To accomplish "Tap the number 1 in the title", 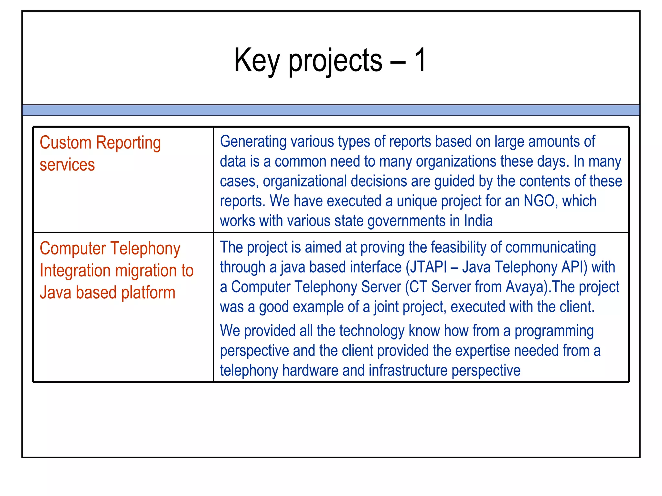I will (420, 60).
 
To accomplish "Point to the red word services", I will (67, 165).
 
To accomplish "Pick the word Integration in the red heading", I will (75, 271).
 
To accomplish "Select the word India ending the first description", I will (478, 221).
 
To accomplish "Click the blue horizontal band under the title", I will (331, 110).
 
